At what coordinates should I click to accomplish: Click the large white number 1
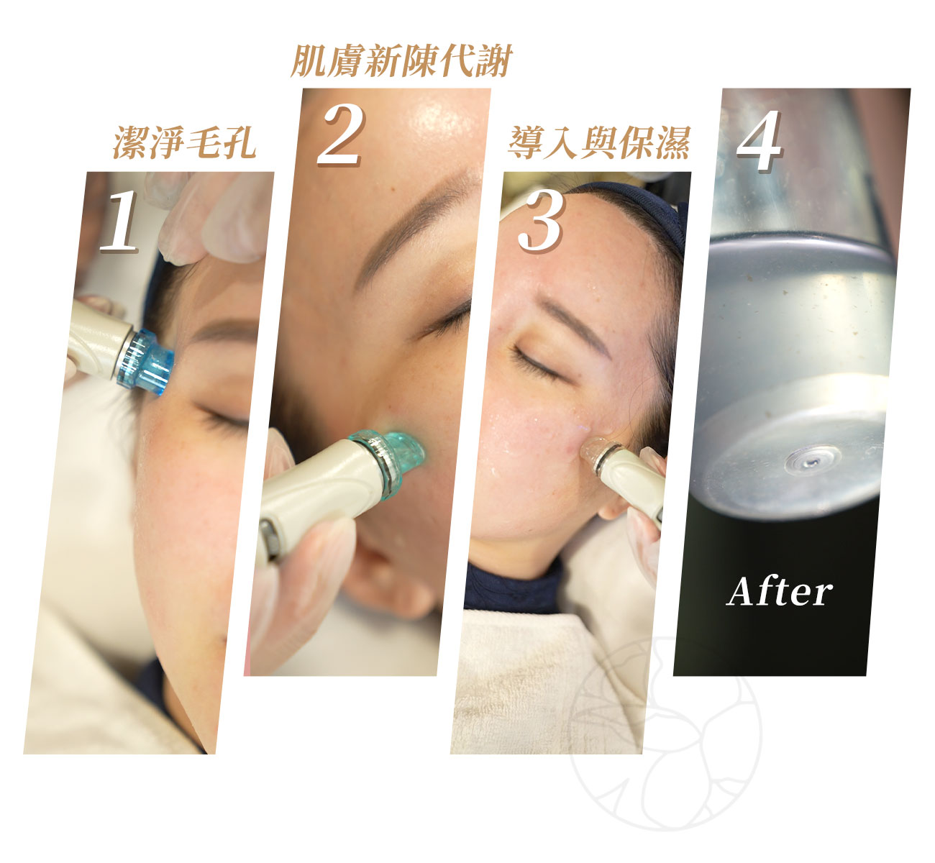click(119, 222)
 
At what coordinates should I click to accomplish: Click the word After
click(779, 591)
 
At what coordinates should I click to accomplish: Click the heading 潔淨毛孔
click(185, 142)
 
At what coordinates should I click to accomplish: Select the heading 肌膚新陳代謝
click(401, 60)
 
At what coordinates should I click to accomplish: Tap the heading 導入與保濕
click(599, 142)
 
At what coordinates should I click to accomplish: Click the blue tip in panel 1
click(145, 360)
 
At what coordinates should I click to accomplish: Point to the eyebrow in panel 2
click(416, 222)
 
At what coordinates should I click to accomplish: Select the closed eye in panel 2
click(445, 320)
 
